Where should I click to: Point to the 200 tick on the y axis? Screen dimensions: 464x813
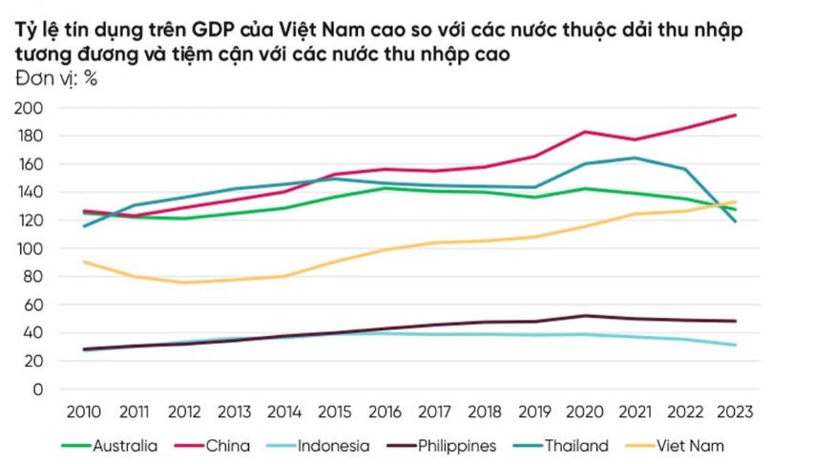click(x=31, y=108)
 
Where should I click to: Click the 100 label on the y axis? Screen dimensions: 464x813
click(x=31, y=248)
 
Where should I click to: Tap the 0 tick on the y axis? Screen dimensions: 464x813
click(x=38, y=389)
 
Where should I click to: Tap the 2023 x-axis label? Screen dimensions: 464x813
click(x=734, y=412)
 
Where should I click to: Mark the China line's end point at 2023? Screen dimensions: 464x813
click(x=735, y=116)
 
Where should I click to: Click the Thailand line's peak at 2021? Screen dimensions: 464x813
click(x=633, y=158)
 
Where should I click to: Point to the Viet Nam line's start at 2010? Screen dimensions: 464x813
click(x=85, y=262)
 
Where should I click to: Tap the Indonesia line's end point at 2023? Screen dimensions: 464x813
click(x=735, y=345)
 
